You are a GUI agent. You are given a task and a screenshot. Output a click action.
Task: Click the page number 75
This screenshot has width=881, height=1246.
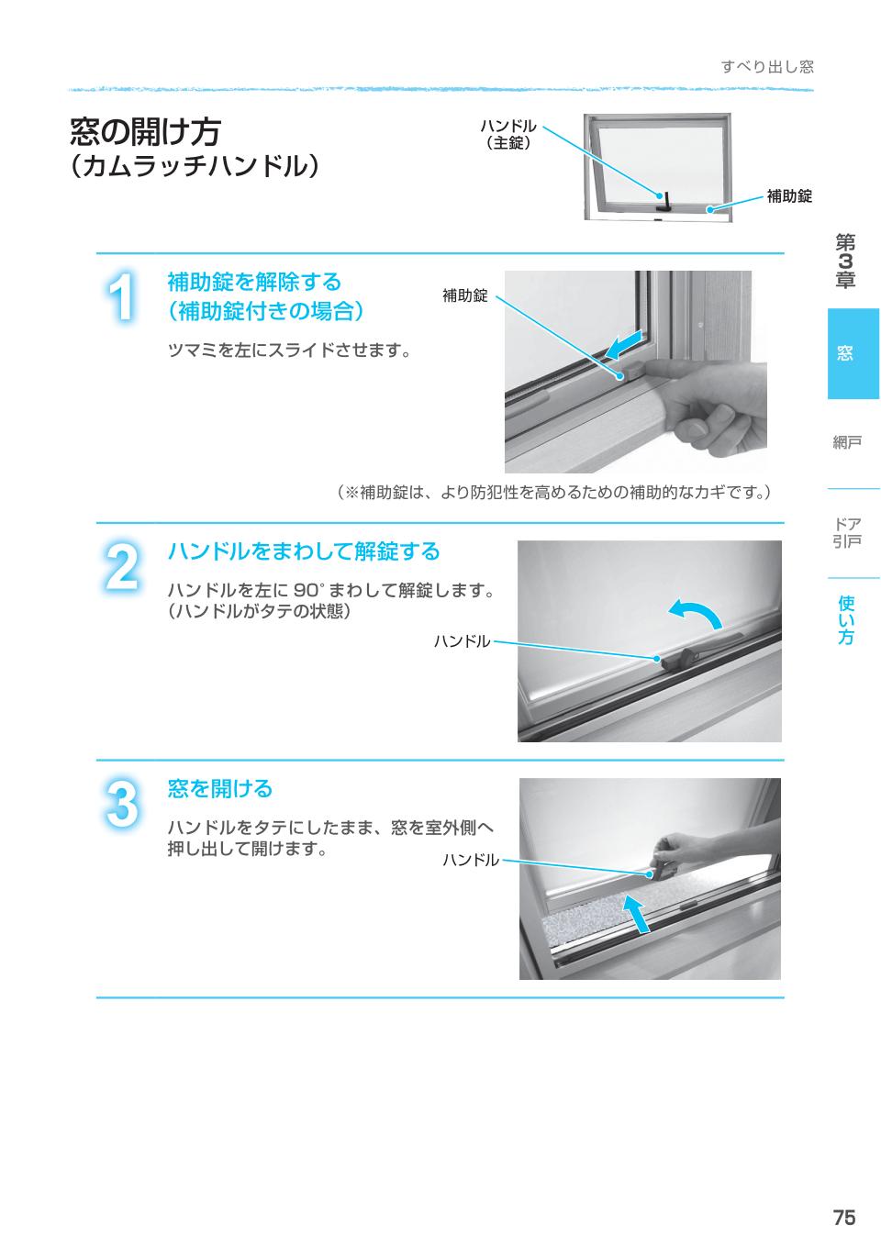(843, 1218)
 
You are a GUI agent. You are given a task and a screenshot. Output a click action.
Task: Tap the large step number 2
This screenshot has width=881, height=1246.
(122, 567)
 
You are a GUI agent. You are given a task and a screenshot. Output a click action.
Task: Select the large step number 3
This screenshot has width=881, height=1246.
(122, 805)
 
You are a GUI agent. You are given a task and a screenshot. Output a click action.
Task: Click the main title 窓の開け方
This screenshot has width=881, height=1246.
(145, 131)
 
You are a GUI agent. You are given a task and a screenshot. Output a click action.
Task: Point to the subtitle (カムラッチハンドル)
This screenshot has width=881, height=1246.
(195, 166)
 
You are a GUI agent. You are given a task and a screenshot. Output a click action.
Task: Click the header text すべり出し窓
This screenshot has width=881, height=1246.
(767, 67)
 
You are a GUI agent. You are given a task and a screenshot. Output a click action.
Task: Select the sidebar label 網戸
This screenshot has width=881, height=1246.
(846, 442)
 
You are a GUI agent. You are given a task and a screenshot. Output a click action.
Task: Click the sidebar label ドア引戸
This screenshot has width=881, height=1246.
(846, 533)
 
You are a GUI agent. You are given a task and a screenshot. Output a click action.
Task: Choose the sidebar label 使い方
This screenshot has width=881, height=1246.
(846, 619)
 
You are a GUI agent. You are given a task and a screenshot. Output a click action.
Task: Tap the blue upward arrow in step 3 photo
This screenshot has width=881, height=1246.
(635, 913)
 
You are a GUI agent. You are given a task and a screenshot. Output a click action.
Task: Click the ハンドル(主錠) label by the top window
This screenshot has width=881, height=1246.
(508, 134)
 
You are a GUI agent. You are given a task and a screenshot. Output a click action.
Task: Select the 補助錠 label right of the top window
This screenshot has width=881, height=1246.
(789, 195)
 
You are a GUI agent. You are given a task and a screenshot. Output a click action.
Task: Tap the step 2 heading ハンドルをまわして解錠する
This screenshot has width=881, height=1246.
(304, 551)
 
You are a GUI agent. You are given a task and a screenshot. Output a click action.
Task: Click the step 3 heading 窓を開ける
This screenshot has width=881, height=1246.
(220, 788)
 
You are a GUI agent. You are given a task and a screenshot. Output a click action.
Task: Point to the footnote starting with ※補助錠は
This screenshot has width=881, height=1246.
(554, 493)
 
